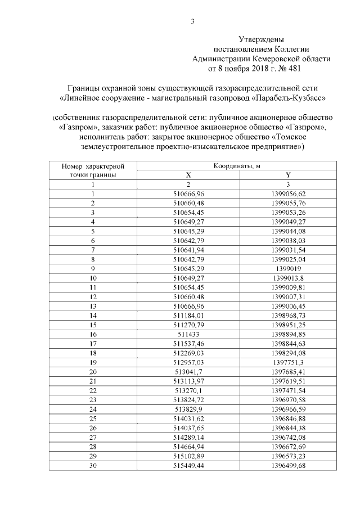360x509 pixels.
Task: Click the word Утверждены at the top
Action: click(x=261, y=39)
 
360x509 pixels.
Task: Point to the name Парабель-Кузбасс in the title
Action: click(x=289, y=98)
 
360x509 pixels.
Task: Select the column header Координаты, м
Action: click(x=236, y=166)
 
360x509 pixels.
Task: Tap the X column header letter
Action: click(x=189, y=175)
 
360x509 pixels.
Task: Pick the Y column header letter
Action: click(x=288, y=175)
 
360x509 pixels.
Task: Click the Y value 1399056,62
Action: click(x=288, y=193)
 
